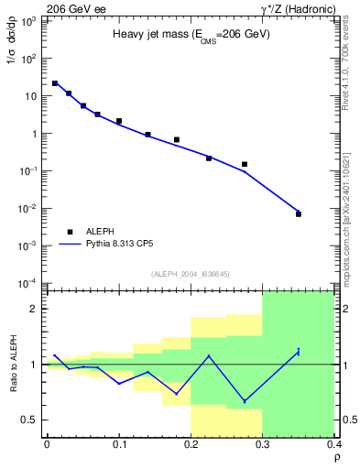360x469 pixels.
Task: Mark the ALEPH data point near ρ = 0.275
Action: (x=245, y=164)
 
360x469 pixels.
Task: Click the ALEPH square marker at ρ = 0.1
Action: (x=119, y=121)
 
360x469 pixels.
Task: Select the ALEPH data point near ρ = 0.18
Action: (x=177, y=140)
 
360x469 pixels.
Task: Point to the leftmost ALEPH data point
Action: (x=55, y=83)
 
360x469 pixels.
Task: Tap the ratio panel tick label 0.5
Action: (x=32, y=420)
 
